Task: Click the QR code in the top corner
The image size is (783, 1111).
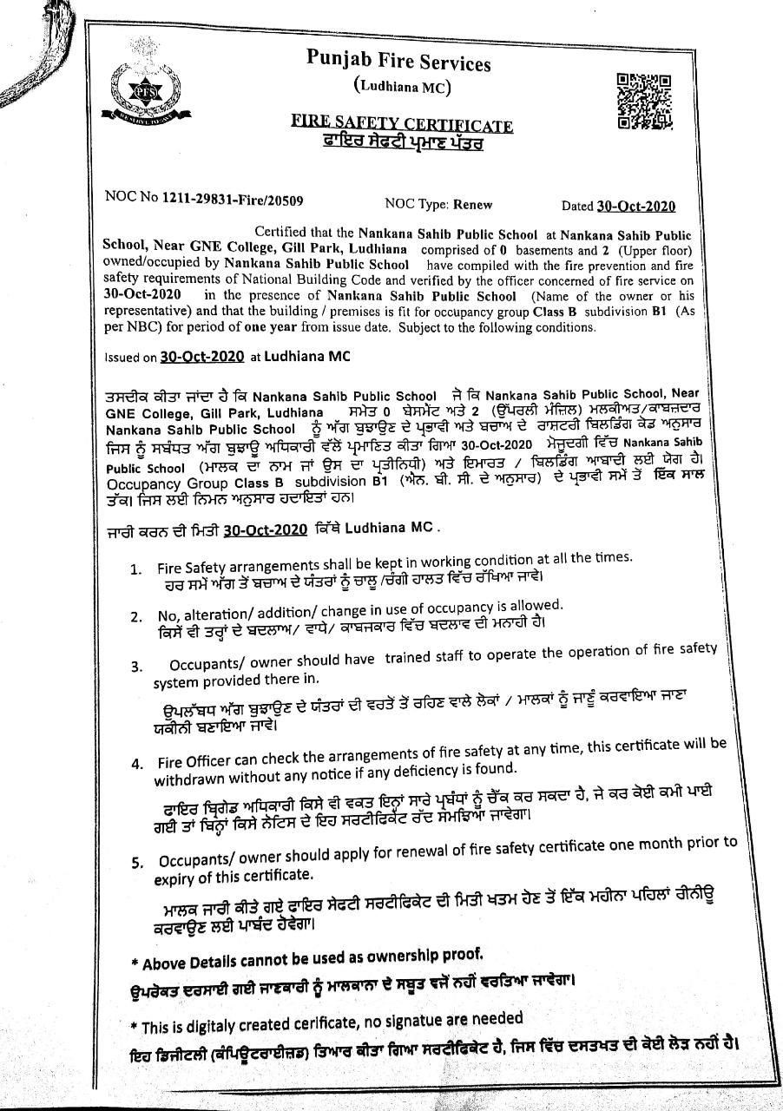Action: click(644, 102)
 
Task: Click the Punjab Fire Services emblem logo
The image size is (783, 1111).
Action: click(135, 89)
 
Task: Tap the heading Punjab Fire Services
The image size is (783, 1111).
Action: click(398, 62)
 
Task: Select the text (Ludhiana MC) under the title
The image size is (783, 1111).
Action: click(402, 87)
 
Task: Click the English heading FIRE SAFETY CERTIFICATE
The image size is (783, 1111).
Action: click(402, 125)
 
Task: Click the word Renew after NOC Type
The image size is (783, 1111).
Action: click(471, 205)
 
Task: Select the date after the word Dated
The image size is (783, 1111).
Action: click(636, 206)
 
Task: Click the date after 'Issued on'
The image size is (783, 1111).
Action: click(203, 356)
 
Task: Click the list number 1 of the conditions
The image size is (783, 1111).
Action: click(136, 569)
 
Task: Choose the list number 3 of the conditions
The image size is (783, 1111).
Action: click(136, 666)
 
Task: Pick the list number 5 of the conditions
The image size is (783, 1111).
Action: click(137, 862)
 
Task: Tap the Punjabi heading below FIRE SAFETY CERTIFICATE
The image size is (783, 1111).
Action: click(402, 142)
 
